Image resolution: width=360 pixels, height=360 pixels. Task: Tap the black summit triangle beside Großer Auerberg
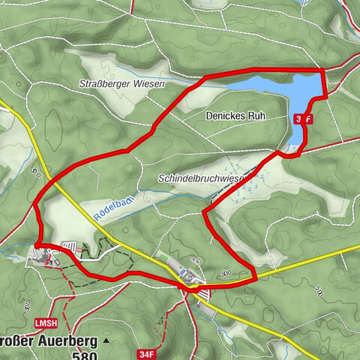tap(106, 340)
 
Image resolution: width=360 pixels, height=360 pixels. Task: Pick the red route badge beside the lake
tap(303, 119)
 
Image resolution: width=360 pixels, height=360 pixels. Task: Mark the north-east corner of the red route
tap(323, 70)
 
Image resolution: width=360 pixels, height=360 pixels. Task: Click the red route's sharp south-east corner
tap(256, 279)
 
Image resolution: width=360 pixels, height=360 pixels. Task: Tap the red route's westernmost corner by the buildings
tap(36, 244)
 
